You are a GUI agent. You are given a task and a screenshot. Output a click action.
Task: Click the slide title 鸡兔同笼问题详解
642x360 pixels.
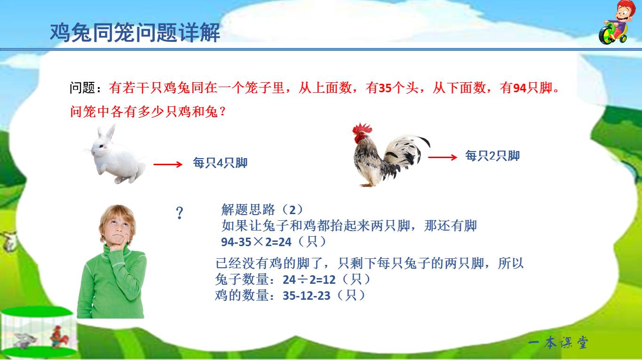[x=135, y=33]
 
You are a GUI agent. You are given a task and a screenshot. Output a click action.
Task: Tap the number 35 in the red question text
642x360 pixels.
[x=385, y=88]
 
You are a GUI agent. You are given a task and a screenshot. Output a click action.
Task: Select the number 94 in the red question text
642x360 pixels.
[x=519, y=88]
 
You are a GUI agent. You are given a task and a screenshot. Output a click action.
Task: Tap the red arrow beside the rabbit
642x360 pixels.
[x=167, y=164]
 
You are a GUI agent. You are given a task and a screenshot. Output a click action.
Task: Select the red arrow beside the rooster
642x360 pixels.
[x=442, y=157]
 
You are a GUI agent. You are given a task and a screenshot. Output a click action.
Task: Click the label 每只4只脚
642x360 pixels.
[x=220, y=163]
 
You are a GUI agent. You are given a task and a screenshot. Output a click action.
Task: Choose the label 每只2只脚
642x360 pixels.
[x=492, y=156]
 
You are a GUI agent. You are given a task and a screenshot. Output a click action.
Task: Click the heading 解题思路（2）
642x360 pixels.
[x=262, y=209]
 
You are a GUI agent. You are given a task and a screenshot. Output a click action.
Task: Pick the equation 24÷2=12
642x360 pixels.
[x=309, y=280]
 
